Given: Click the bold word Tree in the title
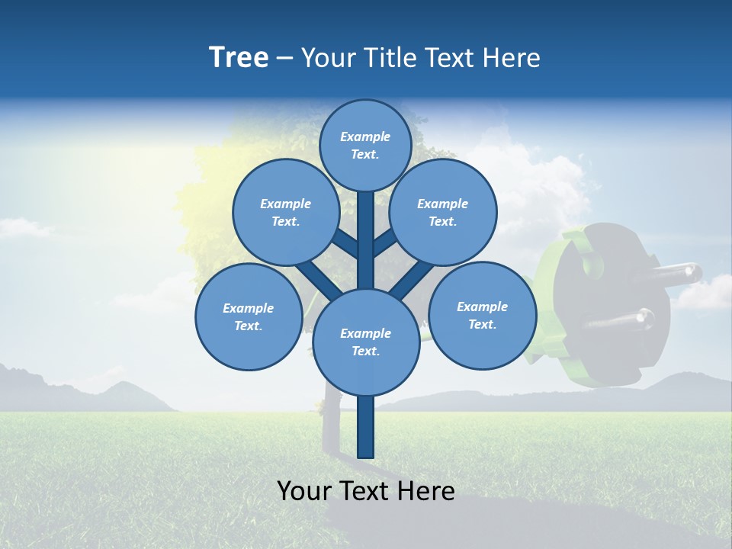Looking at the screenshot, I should point(239,58).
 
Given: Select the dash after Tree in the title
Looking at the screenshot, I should point(284,59).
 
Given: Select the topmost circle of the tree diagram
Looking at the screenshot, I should point(365,145).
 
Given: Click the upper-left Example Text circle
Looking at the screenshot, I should point(285,212).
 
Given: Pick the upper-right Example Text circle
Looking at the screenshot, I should point(443,212).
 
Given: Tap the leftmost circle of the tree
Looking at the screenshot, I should point(249,316).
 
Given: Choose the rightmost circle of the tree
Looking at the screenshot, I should point(482,315).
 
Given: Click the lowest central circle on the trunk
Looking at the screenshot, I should point(366,342).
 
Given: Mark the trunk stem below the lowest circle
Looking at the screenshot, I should point(366,427).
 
